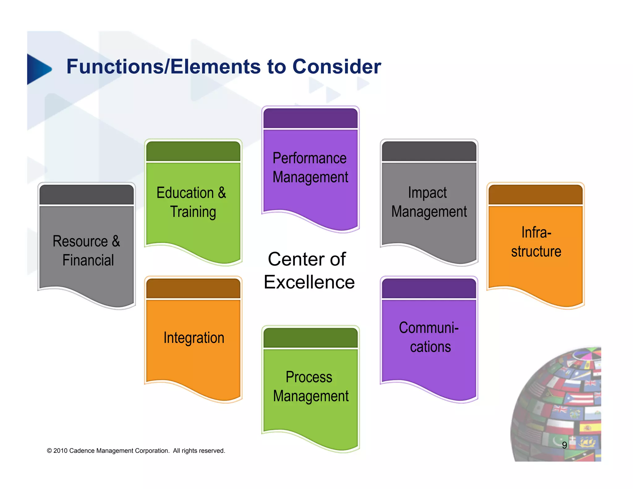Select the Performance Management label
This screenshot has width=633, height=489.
(310, 168)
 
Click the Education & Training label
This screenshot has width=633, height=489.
(192, 202)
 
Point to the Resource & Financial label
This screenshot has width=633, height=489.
(87, 250)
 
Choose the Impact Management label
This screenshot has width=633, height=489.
(429, 202)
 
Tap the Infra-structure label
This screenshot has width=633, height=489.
(536, 242)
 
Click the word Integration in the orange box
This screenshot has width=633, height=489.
(194, 338)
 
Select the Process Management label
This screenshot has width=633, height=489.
(310, 386)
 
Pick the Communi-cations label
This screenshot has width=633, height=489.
(429, 337)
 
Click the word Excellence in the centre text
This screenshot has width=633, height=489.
(309, 282)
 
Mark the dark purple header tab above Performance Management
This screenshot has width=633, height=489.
(310, 118)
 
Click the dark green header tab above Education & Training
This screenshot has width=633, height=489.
(193, 151)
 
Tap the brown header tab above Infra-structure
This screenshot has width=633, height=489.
(535, 194)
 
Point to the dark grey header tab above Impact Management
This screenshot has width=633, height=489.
(429, 151)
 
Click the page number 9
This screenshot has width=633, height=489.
(564, 445)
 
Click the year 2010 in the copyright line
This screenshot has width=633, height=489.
(61, 451)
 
